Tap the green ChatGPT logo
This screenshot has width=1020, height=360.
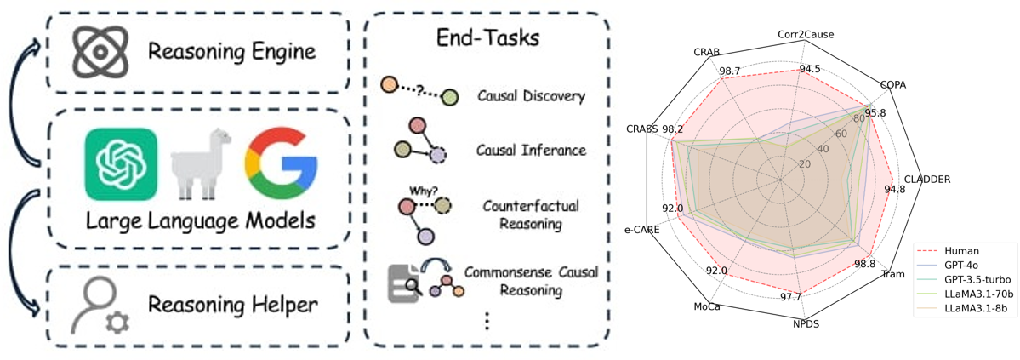(x=121, y=164)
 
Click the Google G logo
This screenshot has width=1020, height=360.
(x=280, y=164)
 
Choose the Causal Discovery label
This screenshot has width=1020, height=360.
(x=531, y=96)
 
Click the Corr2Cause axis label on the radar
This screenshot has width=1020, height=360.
(x=805, y=35)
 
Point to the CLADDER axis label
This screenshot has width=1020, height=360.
(x=927, y=180)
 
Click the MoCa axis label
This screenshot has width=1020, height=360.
(x=707, y=306)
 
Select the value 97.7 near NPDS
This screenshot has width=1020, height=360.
(x=790, y=296)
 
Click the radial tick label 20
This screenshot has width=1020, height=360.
(x=805, y=163)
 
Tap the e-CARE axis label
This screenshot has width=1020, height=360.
(x=642, y=229)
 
